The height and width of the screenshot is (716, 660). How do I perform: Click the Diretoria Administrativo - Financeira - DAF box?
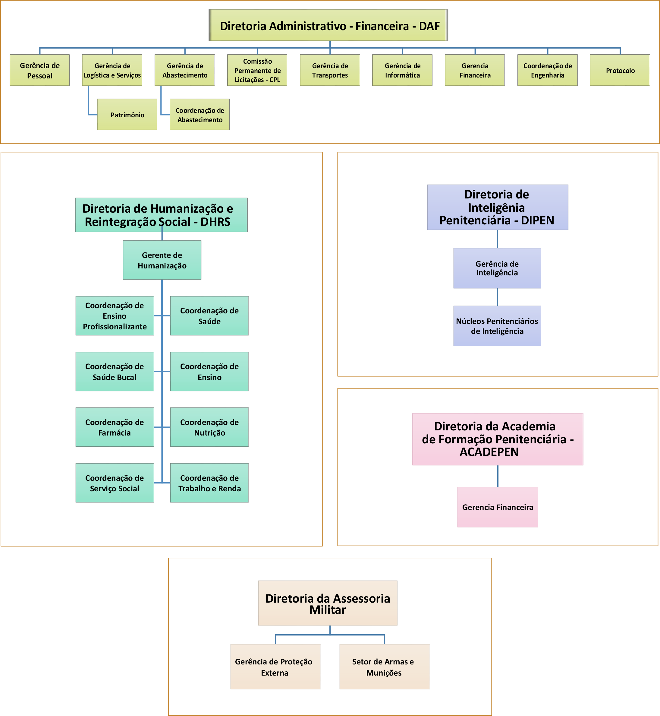point(328,25)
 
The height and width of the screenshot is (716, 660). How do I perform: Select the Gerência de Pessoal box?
point(40,70)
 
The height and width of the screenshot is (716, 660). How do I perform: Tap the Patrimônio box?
point(127,114)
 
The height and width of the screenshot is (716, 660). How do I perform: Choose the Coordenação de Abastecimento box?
point(200,114)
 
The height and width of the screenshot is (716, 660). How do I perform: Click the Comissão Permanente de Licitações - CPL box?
point(257,70)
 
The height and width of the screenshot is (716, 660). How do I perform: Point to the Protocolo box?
point(620,70)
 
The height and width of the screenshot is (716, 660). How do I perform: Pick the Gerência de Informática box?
point(403,70)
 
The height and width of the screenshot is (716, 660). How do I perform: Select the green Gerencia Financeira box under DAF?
point(475,70)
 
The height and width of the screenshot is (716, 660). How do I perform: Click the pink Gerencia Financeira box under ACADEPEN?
point(498,507)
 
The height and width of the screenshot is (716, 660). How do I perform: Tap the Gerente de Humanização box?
point(162,260)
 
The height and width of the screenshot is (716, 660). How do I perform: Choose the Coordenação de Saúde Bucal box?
point(115,371)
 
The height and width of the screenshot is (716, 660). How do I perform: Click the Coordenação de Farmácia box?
point(115,427)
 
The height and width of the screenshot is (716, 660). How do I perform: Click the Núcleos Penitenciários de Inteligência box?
point(497,326)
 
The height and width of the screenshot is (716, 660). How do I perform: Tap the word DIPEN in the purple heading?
point(538,220)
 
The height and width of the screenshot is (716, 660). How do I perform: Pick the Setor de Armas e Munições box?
point(384,667)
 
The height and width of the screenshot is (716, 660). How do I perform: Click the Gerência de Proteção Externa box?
point(275,667)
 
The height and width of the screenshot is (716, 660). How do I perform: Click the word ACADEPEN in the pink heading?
point(489,452)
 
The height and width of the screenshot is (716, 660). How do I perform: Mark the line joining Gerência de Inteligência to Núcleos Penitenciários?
point(497,297)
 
